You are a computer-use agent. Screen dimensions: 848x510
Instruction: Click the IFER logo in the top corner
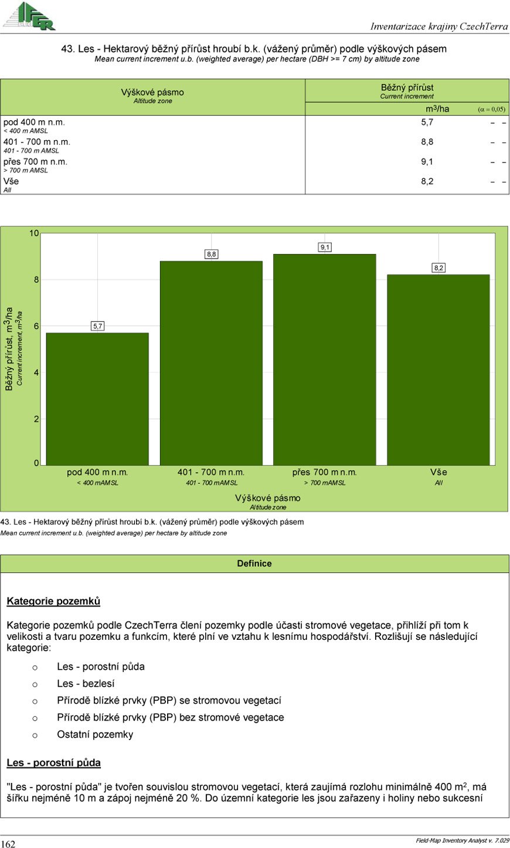[x=29, y=16]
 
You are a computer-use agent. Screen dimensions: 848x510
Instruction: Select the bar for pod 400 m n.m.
[x=97, y=399]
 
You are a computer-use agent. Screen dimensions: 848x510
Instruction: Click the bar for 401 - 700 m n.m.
[x=211, y=364]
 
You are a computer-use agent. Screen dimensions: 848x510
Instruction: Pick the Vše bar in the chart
[x=438, y=369]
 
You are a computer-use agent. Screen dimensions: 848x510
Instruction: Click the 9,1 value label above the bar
[x=325, y=247]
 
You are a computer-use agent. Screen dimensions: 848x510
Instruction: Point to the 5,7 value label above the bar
[x=98, y=326]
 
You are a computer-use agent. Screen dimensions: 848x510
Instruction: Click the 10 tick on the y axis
[x=34, y=233]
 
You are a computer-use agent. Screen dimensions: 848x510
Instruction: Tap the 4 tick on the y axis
[x=36, y=372]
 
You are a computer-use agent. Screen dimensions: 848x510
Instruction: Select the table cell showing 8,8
[x=427, y=142]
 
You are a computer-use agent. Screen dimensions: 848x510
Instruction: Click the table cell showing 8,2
[x=427, y=181]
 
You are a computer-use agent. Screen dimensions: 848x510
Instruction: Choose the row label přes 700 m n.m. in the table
[x=35, y=162]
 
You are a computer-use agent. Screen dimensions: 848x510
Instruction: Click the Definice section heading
[x=254, y=564]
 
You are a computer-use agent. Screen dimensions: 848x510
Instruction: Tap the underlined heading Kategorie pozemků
[x=53, y=601]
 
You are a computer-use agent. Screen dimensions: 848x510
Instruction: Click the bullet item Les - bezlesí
[x=86, y=684]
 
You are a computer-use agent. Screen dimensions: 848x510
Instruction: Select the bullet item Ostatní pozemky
[x=95, y=735]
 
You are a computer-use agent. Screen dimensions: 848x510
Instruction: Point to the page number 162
[x=8, y=844]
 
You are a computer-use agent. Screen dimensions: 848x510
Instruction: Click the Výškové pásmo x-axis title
[x=268, y=498]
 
